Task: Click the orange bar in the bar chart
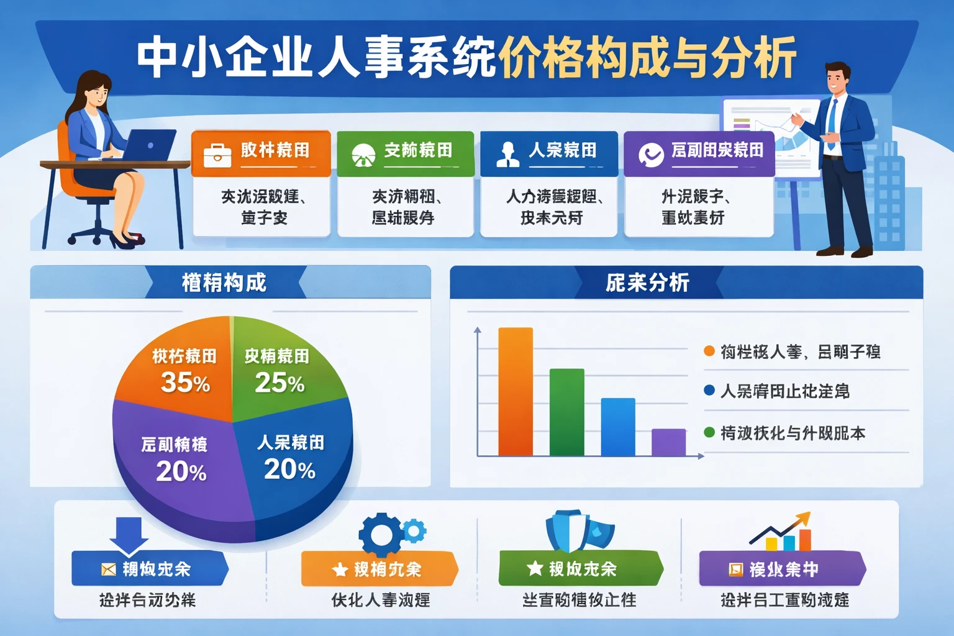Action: click(x=516, y=391)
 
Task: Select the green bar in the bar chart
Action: click(x=566, y=412)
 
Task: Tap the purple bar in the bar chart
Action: click(x=668, y=442)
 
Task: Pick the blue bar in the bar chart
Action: click(x=618, y=427)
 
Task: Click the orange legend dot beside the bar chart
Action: click(x=709, y=351)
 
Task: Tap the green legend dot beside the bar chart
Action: click(x=709, y=432)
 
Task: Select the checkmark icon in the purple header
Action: click(x=651, y=155)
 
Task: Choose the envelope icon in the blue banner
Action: click(x=109, y=569)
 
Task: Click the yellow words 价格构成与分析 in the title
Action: click(x=646, y=58)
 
